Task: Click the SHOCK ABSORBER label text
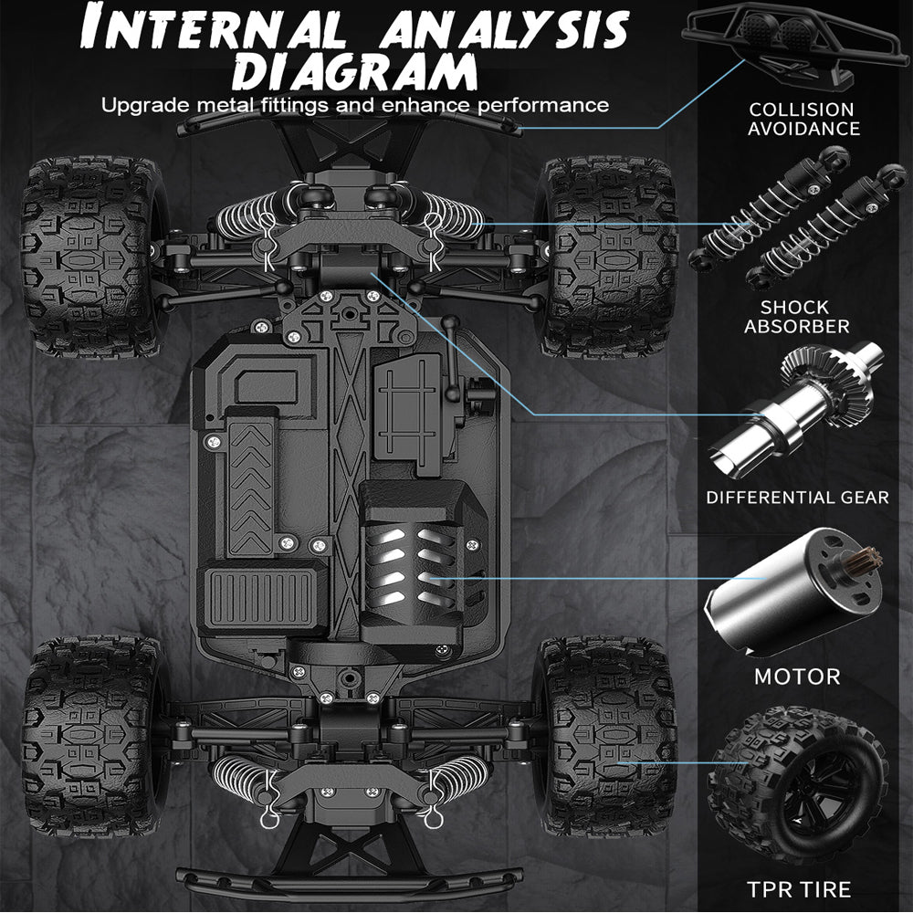point(796,317)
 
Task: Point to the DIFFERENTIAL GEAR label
point(797,498)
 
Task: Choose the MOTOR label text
point(797,677)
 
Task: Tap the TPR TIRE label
point(798,888)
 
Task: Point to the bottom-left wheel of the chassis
point(91,735)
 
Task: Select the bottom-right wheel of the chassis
point(607,735)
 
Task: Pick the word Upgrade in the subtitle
point(137,104)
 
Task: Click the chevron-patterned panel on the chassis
point(251,484)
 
